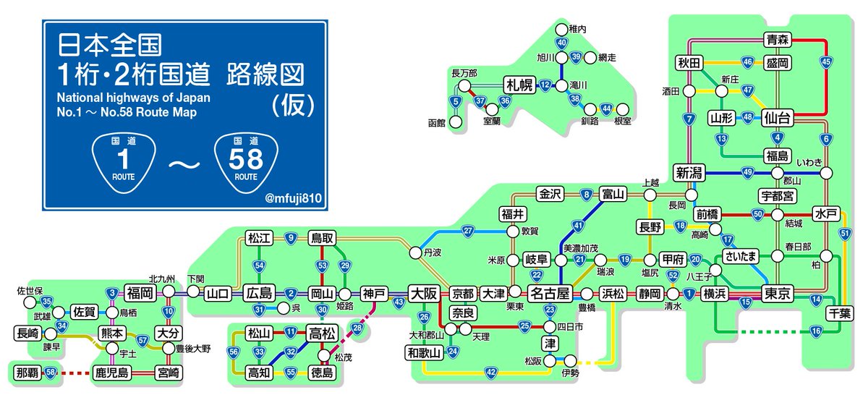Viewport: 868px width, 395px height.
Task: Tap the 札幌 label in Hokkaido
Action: coord(518,85)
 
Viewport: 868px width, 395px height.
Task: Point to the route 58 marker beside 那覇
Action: coord(51,373)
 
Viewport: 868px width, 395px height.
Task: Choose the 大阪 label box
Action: coord(423,294)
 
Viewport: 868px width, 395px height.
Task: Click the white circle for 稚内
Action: coord(561,30)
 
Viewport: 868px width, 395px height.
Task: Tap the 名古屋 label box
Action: coord(550,294)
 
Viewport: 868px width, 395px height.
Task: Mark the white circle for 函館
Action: coord(456,122)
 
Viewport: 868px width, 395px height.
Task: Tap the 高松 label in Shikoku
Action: coord(320,334)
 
